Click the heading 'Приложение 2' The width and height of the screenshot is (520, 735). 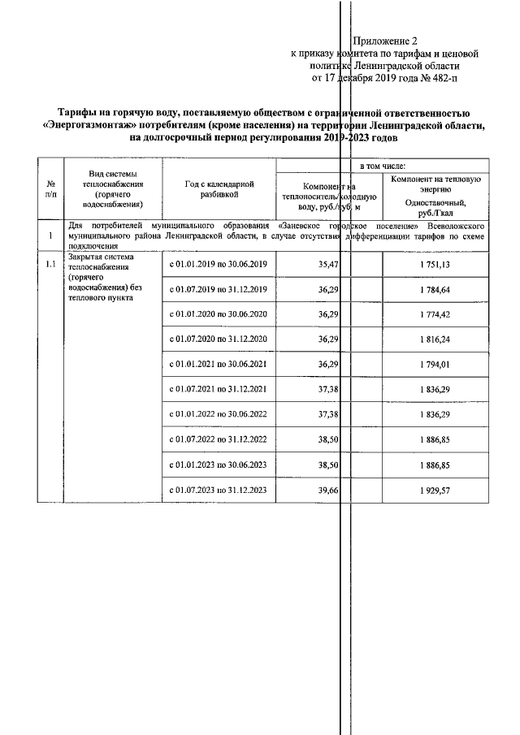pos(386,40)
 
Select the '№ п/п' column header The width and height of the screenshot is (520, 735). pos(51,189)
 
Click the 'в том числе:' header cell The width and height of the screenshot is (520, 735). pos(382,165)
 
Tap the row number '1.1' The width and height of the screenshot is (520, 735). pos(51,264)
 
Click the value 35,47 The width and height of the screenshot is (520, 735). pos(325,265)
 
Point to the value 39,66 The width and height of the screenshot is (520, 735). pos(325,491)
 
